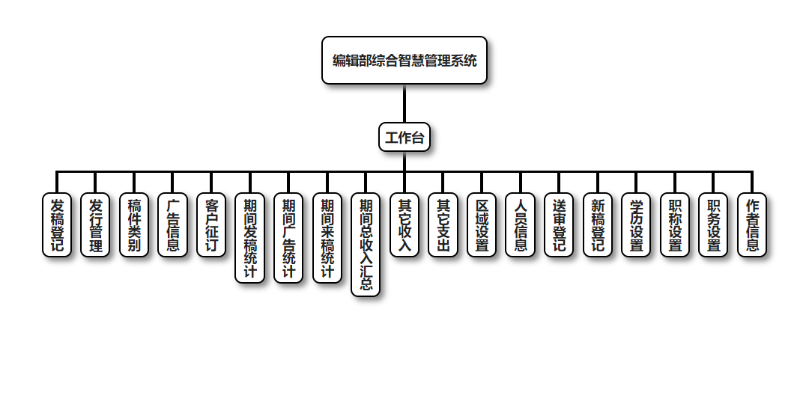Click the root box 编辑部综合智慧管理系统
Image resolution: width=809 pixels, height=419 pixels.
point(404,61)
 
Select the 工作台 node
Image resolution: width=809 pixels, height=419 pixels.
point(404,138)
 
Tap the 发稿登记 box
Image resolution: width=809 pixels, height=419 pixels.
point(57,225)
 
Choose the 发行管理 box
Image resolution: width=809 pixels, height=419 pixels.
point(95,225)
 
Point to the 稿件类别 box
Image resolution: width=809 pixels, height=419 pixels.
point(134,225)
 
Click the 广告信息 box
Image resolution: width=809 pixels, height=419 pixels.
point(172,225)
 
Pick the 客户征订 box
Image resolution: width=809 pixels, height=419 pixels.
point(211,225)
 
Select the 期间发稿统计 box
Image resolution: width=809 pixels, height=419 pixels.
point(250,238)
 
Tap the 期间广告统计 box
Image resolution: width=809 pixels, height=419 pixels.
point(288,238)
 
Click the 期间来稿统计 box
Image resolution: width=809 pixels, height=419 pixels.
point(327,238)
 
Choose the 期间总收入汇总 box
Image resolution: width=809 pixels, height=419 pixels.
point(366,245)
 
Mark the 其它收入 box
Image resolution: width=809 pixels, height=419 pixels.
point(404,225)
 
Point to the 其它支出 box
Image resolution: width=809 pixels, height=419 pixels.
point(443,225)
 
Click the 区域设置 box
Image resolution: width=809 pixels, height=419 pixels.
point(482,225)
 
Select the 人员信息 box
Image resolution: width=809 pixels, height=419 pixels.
point(521,225)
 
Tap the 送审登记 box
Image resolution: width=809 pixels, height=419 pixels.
point(559,225)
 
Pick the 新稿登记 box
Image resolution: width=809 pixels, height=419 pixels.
point(598,225)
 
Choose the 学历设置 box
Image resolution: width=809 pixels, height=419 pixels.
point(637,225)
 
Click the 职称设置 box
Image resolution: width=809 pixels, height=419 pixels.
point(675,225)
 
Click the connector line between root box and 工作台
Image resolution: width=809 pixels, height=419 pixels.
point(404,104)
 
